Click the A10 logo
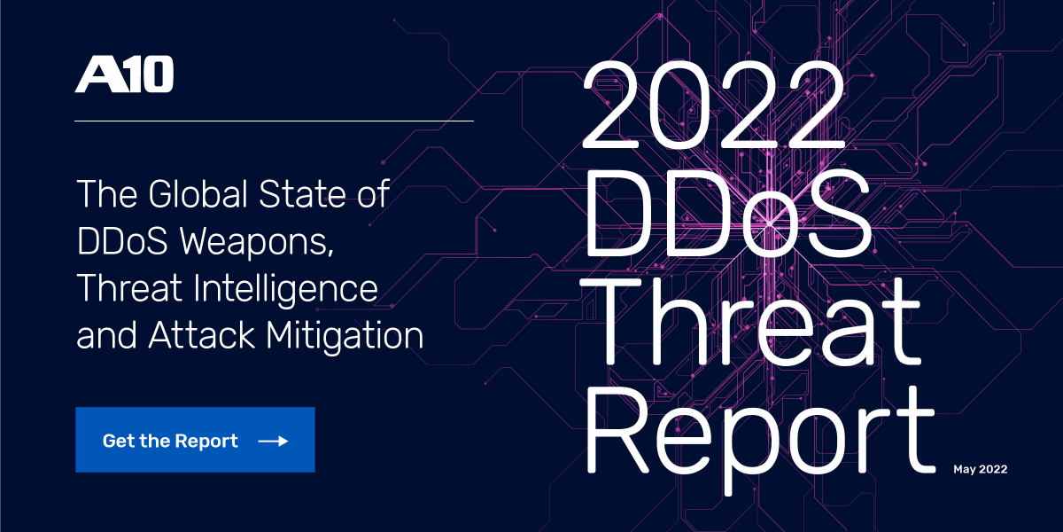click(x=124, y=74)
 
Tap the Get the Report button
click(x=195, y=440)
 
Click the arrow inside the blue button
click(x=273, y=441)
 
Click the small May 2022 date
click(x=980, y=469)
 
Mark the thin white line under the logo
click(x=274, y=120)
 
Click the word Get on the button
click(x=118, y=441)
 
